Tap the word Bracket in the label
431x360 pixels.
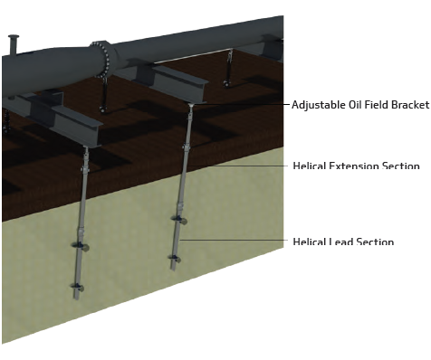click(409, 105)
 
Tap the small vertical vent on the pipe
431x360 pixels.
click(14, 43)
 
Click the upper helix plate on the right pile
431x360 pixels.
click(182, 221)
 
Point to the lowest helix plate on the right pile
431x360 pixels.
click(174, 260)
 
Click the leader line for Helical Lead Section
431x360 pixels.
click(235, 241)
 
